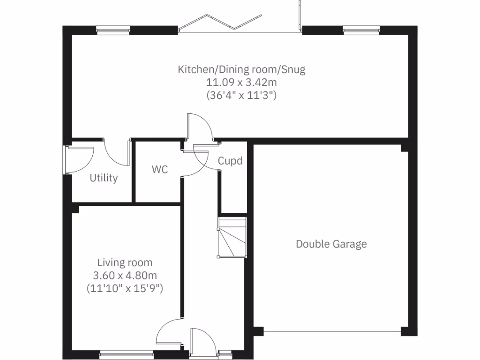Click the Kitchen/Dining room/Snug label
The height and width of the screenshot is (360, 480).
(241, 70)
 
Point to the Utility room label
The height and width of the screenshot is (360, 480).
(104, 178)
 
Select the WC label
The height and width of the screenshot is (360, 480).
(159, 170)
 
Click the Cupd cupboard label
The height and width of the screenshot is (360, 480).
(230, 161)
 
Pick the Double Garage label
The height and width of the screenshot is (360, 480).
(331, 244)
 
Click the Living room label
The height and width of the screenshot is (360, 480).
(125, 263)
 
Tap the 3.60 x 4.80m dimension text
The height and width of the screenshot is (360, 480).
(125, 276)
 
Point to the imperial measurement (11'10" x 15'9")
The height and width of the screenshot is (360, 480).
(125, 288)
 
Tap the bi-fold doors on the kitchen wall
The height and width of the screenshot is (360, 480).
(219, 22)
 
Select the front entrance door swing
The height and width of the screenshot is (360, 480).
(203, 340)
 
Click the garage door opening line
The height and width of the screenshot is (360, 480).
(332, 332)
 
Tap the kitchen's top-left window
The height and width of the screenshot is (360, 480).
(112, 30)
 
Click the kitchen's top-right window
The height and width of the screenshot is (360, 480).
(360, 30)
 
